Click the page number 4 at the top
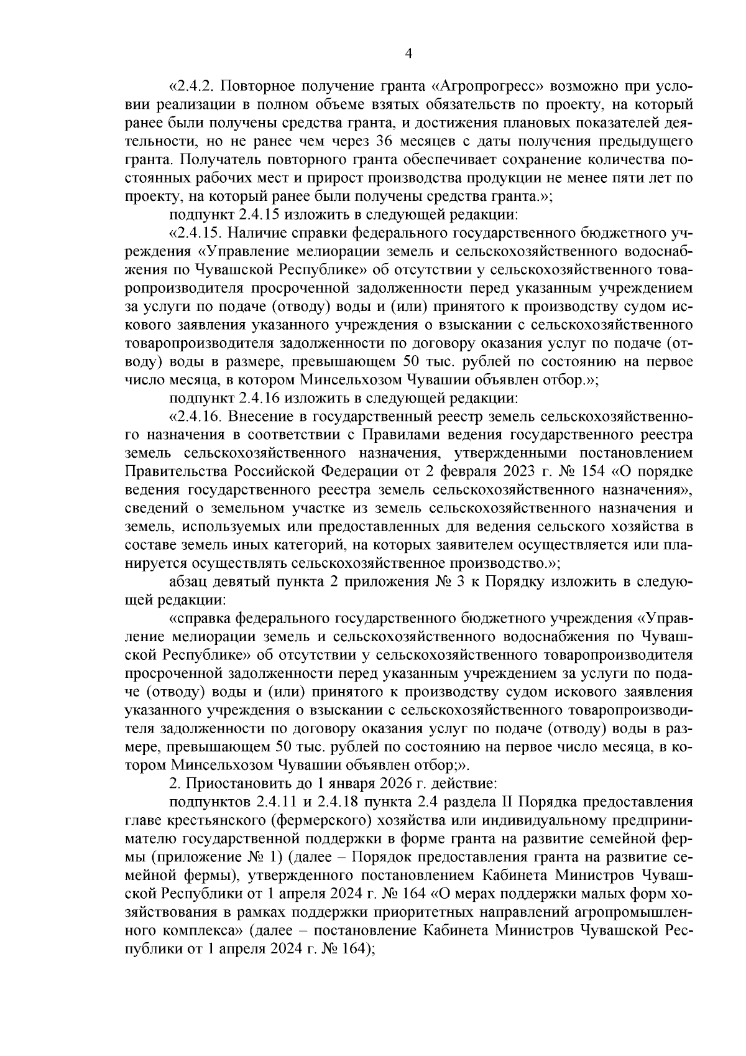[x=408, y=54]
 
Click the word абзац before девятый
[x=190, y=581]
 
